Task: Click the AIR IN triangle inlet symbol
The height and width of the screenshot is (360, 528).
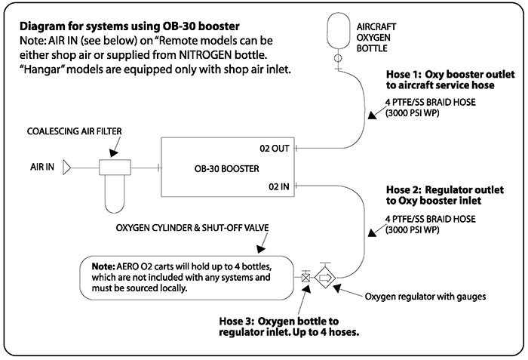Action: click(66, 166)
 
